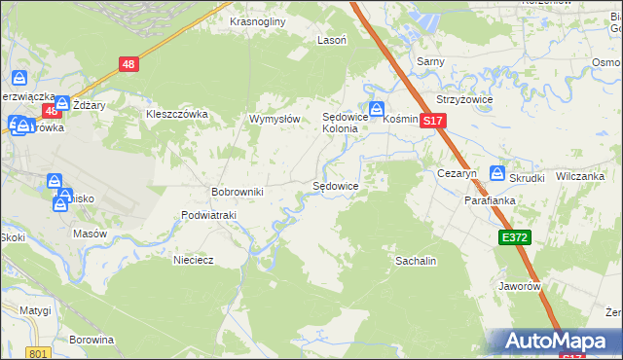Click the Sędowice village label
click(335, 185)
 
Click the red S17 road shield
click(434, 121)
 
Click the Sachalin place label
click(415, 261)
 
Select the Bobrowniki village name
click(238, 192)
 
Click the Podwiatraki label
click(209, 215)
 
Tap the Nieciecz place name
click(193, 260)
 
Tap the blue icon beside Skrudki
click(497, 175)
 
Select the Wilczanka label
click(580, 177)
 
